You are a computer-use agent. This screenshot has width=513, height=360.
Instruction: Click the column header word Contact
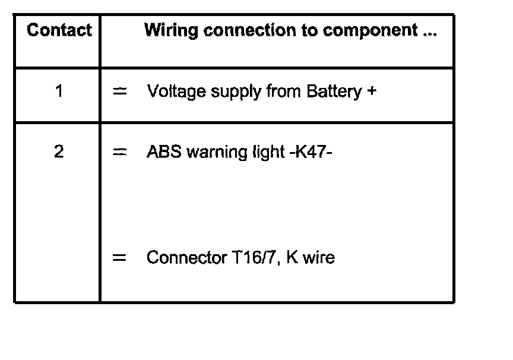[59, 30]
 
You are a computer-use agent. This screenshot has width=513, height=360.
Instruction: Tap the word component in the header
[370, 30]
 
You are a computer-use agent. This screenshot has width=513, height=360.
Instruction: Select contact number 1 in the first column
[59, 91]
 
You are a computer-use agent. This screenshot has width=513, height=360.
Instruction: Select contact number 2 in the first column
[59, 152]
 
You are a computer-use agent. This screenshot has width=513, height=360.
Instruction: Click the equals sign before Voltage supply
[120, 91]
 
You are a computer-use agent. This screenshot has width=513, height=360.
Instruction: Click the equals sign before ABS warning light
[120, 152]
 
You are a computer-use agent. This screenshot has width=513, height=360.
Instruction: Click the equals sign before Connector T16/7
[120, 258]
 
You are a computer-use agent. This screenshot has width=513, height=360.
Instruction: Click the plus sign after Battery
[372, 91]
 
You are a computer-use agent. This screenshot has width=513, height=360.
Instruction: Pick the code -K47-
[313, 152]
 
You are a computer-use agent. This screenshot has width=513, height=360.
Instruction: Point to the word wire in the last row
[319, 258]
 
